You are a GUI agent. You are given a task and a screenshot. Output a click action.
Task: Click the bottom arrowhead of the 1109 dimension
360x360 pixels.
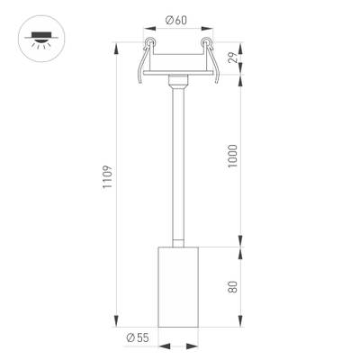tap(117, 323)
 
